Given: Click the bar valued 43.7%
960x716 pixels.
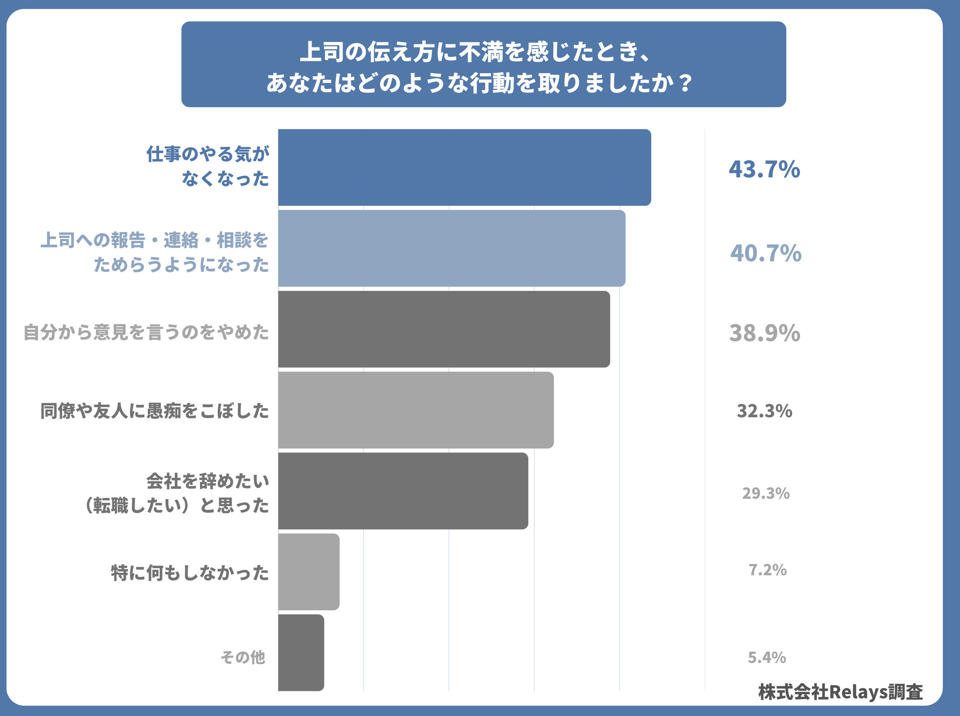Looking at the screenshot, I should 464,167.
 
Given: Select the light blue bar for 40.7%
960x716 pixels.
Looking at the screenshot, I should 451,249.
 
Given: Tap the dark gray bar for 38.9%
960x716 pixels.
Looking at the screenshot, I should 444,329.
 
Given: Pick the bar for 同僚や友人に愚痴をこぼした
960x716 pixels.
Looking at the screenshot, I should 415,410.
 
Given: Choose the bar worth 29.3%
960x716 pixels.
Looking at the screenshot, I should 403,491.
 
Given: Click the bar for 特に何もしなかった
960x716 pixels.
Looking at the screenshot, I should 308,572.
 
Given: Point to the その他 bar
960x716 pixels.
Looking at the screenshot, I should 301,652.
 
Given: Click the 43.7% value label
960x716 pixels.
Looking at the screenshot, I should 764,169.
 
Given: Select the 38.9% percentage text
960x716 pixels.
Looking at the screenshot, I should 764,333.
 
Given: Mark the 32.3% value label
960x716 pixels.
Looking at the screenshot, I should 764,411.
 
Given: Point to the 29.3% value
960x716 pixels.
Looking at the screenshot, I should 766,493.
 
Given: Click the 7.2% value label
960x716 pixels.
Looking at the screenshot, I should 767,570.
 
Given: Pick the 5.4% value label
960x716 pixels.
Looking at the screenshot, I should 767,658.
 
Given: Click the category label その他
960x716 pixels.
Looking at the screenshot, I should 243,657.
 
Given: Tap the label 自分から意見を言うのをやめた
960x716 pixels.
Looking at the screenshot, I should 146,332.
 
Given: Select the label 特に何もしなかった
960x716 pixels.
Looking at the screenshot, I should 190,572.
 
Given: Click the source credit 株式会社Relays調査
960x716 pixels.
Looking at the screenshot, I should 840,692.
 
